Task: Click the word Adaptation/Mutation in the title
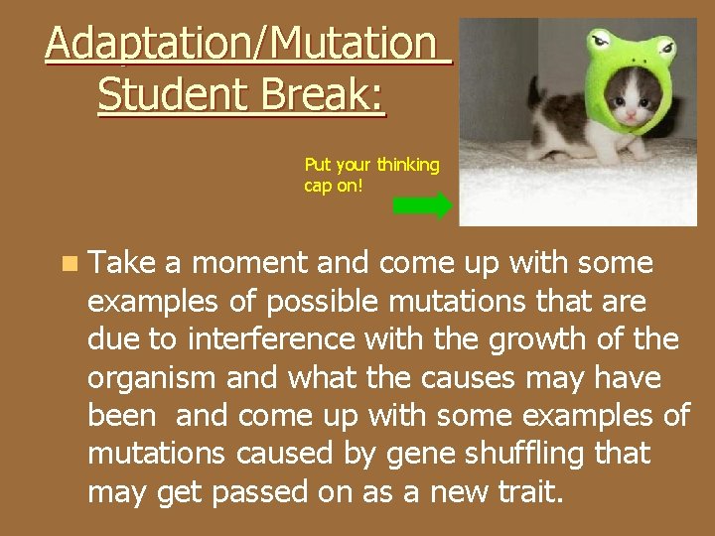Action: coord(240,45)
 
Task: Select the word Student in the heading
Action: coord(163,95)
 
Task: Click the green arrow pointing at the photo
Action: coord(422,205)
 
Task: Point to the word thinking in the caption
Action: coord(407,165)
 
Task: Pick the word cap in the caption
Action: coord(316,185)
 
